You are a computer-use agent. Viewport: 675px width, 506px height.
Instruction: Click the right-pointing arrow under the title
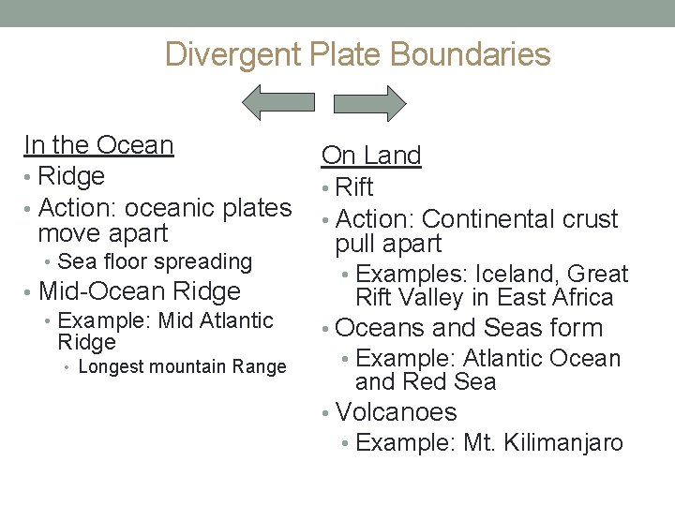pos(368,101)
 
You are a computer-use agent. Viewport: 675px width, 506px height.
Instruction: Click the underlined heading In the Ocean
pos(98,145)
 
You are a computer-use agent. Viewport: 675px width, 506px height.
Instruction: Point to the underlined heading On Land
pos(371,156)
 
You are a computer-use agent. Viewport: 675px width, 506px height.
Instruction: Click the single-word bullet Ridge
pos(71,176)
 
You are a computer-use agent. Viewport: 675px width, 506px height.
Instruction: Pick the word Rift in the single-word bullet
pos(354,187)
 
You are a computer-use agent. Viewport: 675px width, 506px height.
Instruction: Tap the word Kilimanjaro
pos(568,442)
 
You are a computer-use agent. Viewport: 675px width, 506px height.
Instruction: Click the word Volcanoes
pos(396,412)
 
